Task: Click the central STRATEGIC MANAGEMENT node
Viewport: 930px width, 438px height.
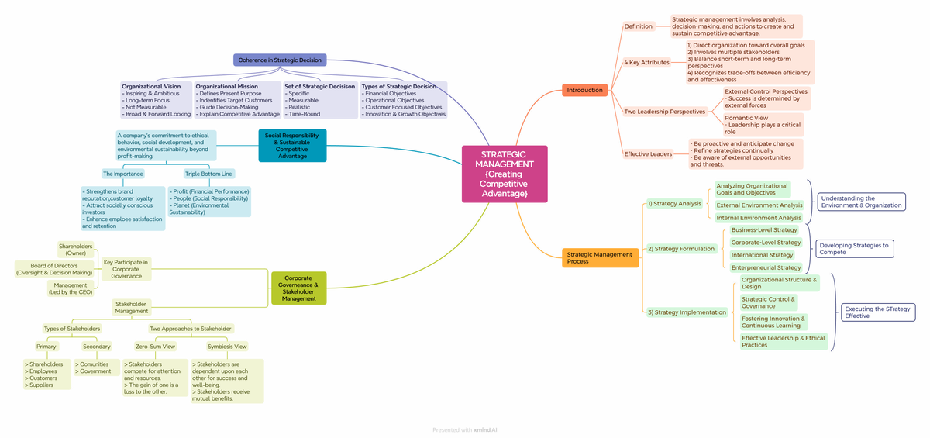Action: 505,174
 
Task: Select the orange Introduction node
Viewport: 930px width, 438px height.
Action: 584,90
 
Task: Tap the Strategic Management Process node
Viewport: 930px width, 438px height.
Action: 600,258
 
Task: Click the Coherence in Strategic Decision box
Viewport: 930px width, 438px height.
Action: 280,60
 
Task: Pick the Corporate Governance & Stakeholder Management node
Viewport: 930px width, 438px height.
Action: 298,288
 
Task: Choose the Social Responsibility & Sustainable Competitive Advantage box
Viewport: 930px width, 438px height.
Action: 292,145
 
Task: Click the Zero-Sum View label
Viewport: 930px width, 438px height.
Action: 155,347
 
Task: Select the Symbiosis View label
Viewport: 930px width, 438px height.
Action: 227,347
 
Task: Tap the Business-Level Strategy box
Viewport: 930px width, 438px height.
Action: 763,229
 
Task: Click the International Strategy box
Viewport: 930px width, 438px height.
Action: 762,255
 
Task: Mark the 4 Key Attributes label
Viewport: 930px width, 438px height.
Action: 646,62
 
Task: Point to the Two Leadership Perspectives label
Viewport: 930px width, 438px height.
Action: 665,112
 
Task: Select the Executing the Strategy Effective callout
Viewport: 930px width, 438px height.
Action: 878,312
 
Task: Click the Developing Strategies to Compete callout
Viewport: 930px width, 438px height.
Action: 854,249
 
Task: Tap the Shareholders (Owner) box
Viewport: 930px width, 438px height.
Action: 76,250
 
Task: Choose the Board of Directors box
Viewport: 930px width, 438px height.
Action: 54,269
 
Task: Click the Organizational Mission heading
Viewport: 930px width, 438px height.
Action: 226,87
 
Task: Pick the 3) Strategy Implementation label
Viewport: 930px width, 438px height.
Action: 687,312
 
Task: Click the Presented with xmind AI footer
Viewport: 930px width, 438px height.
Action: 465,429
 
